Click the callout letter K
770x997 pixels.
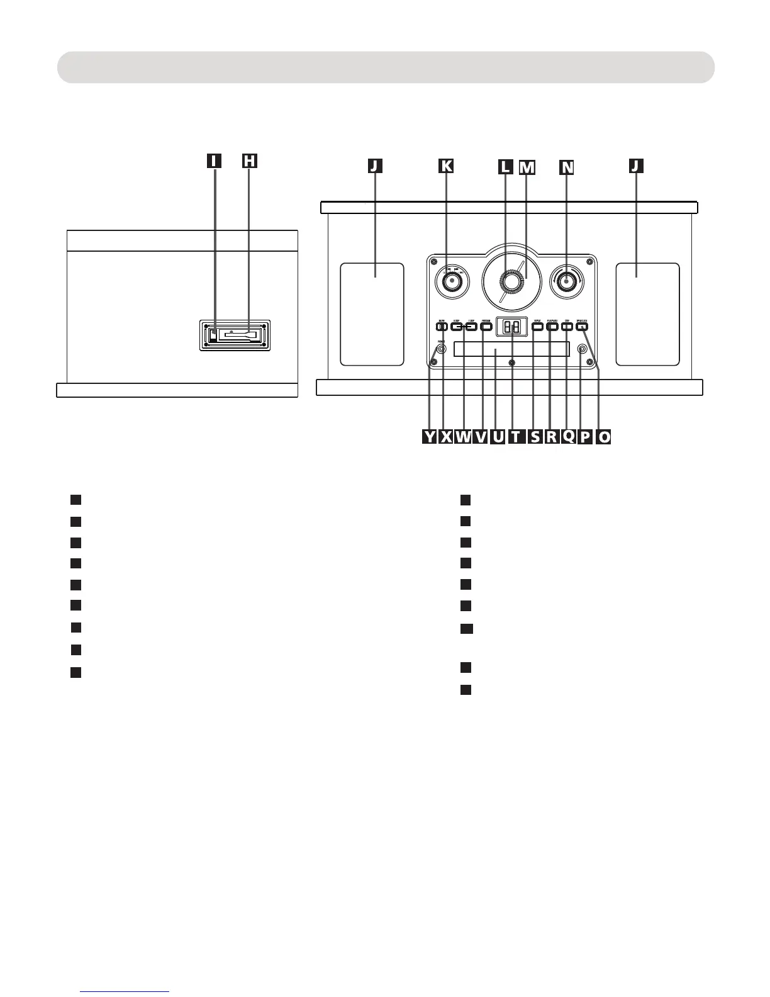(x=445, y=166)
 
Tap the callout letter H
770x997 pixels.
(x=249, y=161)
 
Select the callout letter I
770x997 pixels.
(x=215, y=161)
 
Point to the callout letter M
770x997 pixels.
(x=527, y=167)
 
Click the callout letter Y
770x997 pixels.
(x=429, y=437)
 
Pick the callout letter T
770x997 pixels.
(x=515, y=437)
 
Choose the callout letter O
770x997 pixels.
(x=603, y=437)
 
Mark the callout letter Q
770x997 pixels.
(x=568, y=437)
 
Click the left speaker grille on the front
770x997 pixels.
(x=372, y=314)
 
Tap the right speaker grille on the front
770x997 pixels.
(x=647, y=314)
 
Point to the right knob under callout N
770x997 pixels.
(x=566, y=281)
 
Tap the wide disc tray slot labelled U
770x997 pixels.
(x=511, y=349)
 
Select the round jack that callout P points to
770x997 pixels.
(x=582, y=349)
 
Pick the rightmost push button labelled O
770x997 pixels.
(x=582, y=326)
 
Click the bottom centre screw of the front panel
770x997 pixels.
(x=512, y=363)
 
